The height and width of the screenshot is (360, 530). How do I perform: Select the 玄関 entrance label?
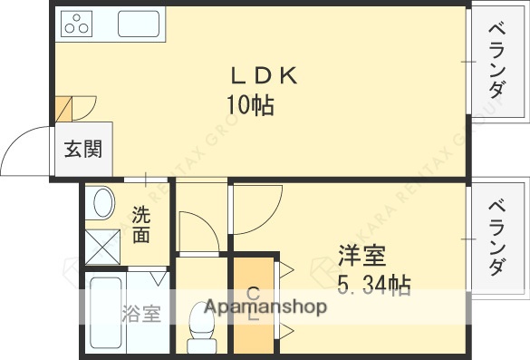[82, 150]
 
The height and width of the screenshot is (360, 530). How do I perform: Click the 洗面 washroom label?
[141, 225]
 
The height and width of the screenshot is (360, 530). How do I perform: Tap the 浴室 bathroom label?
[141, 314]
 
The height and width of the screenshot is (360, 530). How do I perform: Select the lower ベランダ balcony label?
[496, 238]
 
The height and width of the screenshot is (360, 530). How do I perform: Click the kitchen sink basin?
[138, 24]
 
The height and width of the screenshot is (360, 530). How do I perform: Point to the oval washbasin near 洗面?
[102, 203]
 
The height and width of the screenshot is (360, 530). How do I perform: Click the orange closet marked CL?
[253, 306]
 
